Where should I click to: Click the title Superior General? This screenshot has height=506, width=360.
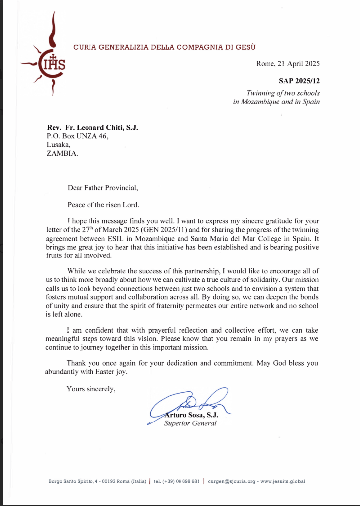(190, 424)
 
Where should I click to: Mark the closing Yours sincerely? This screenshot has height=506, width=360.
(91, 389)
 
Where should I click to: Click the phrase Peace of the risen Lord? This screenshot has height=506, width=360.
(104, 205)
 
